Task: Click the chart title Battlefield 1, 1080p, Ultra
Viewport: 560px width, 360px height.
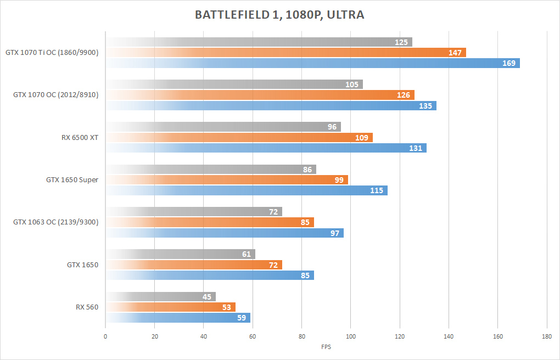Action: click(279, 15)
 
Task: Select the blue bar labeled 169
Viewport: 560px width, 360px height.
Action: click(313, 63)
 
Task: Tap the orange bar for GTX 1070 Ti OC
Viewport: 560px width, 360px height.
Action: click(285, 53)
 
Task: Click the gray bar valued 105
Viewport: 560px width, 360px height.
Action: click(234, 85)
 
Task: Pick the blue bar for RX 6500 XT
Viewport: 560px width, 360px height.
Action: click(266, 148)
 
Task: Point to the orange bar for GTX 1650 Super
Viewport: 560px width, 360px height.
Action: click(227, 180)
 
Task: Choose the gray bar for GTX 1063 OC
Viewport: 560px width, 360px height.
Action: click(193, 212)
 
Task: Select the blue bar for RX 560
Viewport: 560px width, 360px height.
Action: click(178, 318)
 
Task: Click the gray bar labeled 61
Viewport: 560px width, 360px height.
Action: click(180, 254)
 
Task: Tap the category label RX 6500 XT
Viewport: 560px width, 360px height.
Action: click(80, 137)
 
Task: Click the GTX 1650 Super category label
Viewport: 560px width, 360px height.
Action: click(72, 179)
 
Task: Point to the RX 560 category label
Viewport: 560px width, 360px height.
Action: click(87, 307)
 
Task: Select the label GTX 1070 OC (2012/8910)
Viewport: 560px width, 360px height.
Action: click(55, 95)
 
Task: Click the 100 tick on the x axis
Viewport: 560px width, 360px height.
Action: click(350, 337)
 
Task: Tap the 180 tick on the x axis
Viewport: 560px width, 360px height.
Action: click(546, 337)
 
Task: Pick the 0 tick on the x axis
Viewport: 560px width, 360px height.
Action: click(105, 337)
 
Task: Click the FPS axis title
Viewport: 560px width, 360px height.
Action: click(326, 347)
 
